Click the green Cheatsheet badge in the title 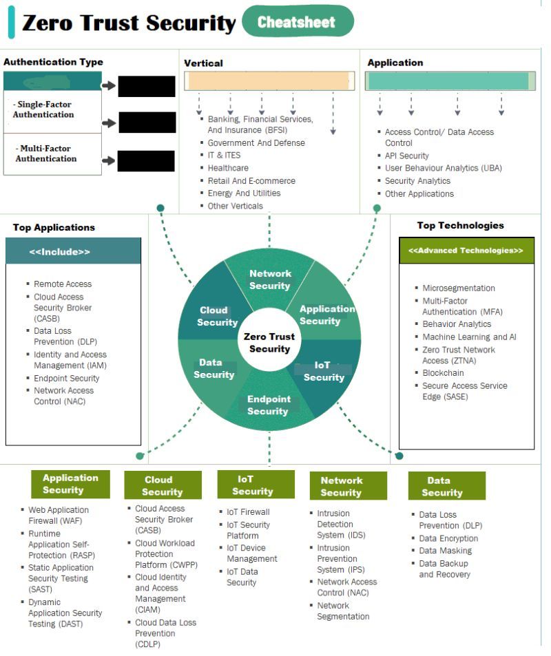[297, 22]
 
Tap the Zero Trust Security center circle [269, 342]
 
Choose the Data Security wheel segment [213, 368]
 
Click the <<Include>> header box [73, 251]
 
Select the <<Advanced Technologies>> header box [466, 251]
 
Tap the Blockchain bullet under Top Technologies [443, 373]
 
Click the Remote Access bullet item [63, 284]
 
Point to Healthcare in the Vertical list [228, 168]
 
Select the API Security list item [406, 156]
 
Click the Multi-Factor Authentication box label [46, 154]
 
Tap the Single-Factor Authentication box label [43, 109]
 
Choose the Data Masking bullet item [445, 551]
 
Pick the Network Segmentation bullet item [342, 611]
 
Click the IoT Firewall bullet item [248, 512]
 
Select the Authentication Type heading [53, 62]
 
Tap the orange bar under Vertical [269, 81]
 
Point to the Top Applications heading [54, 227]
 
